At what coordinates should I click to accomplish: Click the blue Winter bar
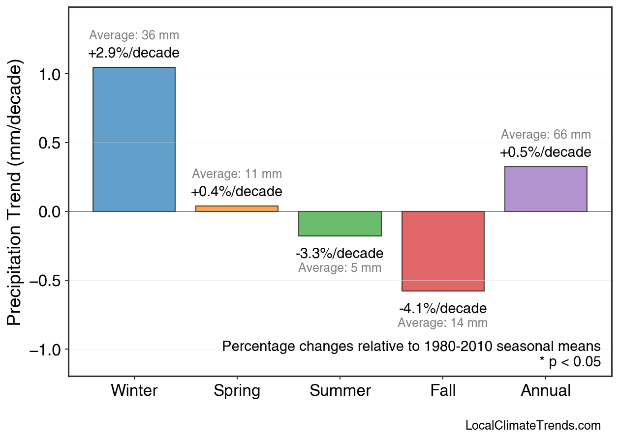point(134,139)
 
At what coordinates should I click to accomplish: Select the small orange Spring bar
point(237,208)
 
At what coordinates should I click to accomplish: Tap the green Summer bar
point(340,224)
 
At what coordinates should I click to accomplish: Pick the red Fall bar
point(443,251)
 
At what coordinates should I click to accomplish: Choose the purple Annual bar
point(546,189)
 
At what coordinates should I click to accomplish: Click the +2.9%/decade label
point(134,53)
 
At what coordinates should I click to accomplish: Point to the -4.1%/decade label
point(443,309)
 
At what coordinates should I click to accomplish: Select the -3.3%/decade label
point(340,254)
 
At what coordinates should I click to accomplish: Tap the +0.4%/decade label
point(237,191)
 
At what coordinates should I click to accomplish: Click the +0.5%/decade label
point(546,152)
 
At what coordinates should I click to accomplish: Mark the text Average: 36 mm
point(134,35)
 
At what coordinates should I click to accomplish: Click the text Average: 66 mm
point(546,135)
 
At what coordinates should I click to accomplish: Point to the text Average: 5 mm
point(340,268)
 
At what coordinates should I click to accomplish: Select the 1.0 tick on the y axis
point(49,74)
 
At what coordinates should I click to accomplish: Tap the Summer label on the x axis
point(340,391)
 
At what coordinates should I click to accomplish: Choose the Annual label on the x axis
point(546,391)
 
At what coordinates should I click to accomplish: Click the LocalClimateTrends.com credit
point(533,426)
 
